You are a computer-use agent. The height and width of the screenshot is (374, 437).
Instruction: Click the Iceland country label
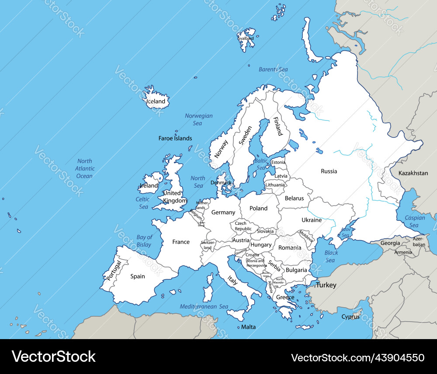[156, 102]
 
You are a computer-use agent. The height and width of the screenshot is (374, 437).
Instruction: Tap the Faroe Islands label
[175, 138]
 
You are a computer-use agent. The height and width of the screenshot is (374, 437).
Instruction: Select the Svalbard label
[246, 38]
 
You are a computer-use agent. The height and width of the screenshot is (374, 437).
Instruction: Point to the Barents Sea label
[273, 69]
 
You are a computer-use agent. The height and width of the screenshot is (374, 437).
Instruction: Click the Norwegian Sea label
[198, 120]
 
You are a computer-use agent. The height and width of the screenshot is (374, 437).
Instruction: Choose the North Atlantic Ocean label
[84, 168]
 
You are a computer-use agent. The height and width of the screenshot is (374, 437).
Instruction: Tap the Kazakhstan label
[413, 173]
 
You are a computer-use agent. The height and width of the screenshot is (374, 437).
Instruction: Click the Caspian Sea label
[414, 222]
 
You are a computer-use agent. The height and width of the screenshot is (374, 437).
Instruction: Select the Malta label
[248, 327]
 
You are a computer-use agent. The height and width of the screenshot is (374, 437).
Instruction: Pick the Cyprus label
[350, 317]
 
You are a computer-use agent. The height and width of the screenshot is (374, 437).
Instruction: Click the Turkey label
[326, 285]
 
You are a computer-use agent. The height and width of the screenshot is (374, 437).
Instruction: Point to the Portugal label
[113, 271]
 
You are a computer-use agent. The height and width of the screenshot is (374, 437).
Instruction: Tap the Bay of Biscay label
[144, 241]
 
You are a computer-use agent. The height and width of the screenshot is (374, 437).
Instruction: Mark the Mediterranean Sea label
[204, 307]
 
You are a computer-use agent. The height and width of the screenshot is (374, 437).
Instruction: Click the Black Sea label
[331, 257]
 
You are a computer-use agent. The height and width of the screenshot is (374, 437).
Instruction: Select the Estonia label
[278, 162]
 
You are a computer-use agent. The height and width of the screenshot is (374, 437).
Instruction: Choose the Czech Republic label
[243, 226]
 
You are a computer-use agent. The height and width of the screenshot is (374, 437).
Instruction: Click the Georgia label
[390, 243]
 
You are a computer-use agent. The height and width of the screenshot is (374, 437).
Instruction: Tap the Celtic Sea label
[143, 203]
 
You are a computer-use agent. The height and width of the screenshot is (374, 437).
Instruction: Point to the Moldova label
[306, 237]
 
